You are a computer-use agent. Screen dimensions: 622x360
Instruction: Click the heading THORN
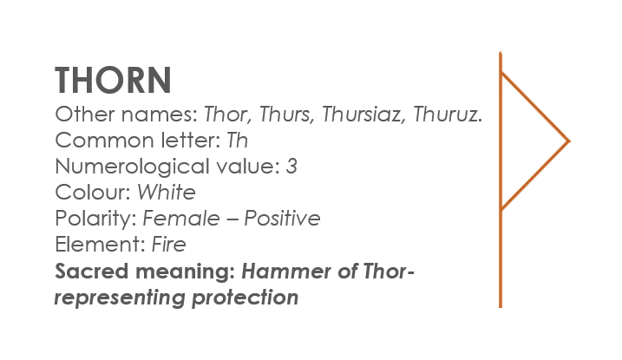113,80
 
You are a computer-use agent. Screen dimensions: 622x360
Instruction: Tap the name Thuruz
448,115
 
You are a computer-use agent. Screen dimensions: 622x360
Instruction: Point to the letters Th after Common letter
237,141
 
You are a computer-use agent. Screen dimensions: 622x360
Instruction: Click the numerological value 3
291,167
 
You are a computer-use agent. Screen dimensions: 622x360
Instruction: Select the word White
167,193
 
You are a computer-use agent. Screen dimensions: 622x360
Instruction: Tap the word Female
181,219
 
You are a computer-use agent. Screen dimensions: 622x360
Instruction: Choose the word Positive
282,219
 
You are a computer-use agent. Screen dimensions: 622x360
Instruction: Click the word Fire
168,245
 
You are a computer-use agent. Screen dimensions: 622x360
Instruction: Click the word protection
246,298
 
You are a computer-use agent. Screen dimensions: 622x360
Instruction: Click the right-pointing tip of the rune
570,141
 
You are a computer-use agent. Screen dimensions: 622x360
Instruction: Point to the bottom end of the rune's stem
501,306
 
